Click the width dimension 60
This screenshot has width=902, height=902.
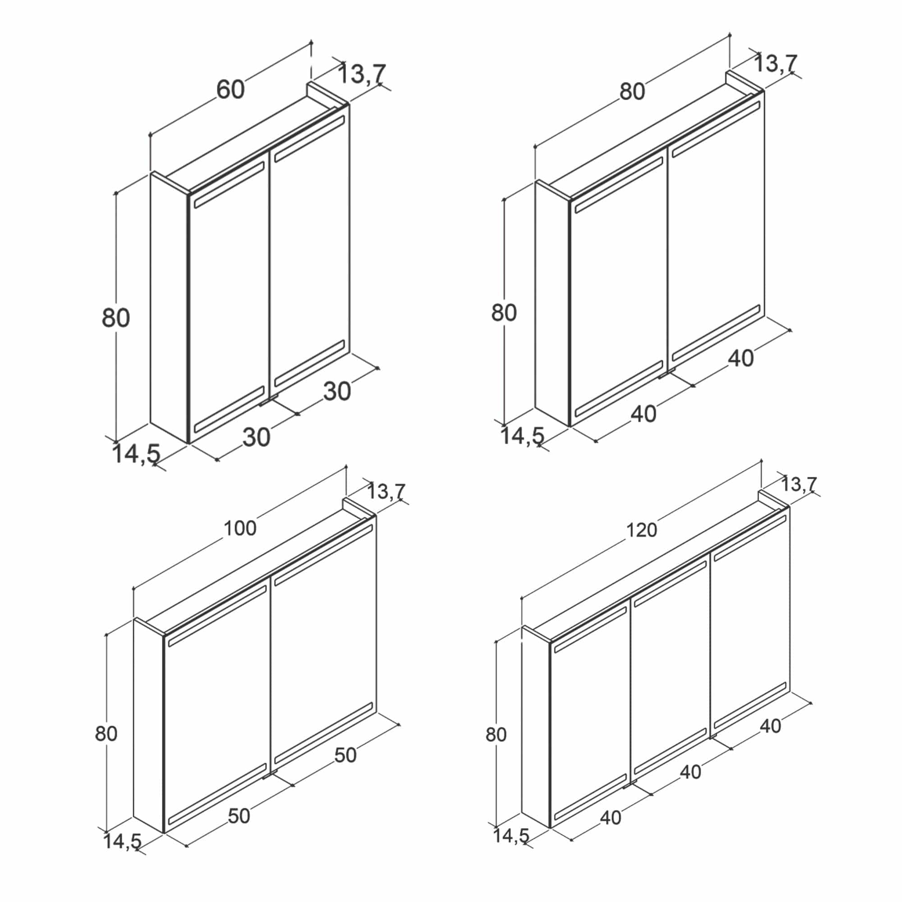pos(230,89)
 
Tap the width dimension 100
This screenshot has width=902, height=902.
pos(240,529)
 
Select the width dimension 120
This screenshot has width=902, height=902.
pos(641,530)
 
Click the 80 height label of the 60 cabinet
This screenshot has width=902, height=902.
pos(115,318)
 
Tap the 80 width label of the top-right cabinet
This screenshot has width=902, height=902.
pos(632,92)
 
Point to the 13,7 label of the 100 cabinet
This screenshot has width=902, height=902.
pos(386,492)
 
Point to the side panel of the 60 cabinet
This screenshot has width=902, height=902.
pos(169,307)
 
